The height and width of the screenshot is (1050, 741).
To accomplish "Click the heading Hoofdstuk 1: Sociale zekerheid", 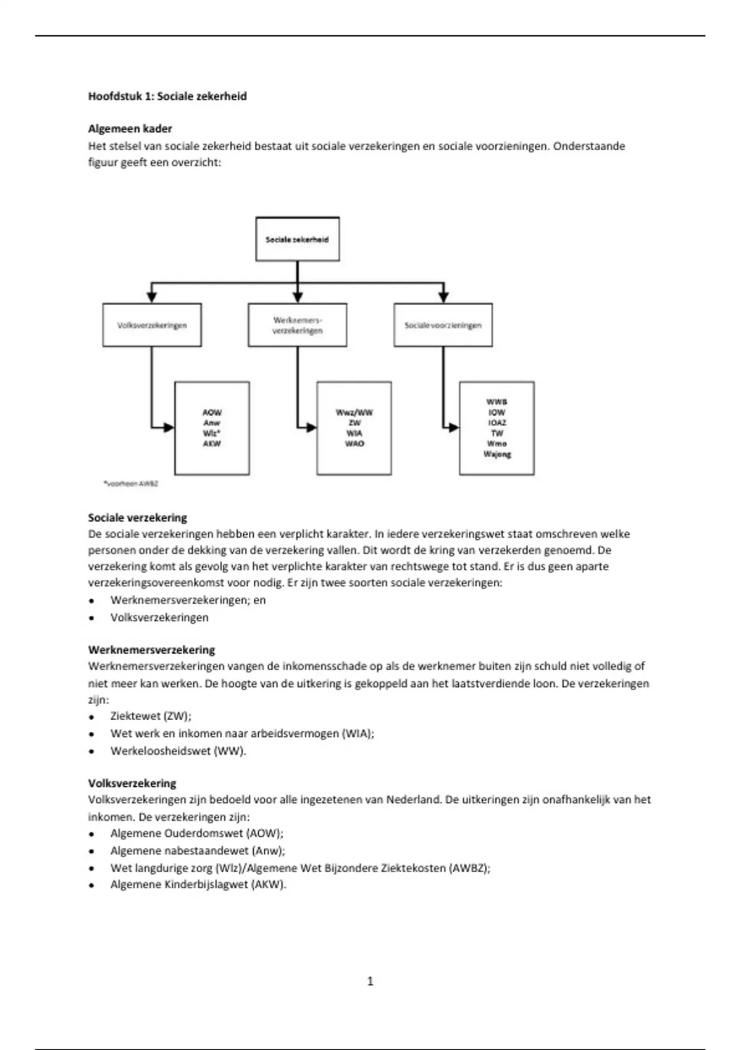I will [167, 96].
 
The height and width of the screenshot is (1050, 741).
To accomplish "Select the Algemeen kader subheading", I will [130, 128].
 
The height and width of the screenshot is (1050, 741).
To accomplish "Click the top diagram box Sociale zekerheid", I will [297, 239].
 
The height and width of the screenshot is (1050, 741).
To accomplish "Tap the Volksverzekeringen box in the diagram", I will [152, 325].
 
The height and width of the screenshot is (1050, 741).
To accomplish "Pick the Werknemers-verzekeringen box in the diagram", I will [297, 325].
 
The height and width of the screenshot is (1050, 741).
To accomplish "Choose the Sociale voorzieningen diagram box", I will [443, 325].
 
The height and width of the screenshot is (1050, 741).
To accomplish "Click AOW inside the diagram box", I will [212, 412].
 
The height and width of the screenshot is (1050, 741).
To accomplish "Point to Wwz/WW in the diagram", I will [354, 412].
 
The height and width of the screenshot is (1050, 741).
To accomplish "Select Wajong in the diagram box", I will [497, 454].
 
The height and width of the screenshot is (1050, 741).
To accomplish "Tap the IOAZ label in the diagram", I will [497, 422].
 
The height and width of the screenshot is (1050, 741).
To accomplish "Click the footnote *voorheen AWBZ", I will [130, 484].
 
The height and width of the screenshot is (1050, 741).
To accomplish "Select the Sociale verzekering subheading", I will [137, 518].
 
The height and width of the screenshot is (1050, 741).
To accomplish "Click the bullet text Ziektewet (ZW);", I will [151, 716].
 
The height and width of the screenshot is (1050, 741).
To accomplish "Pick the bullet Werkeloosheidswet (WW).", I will [178, 751].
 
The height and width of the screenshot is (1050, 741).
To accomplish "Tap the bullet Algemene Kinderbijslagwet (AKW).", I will [198, 884].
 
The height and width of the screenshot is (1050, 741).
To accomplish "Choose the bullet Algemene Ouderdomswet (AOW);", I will [197, 833].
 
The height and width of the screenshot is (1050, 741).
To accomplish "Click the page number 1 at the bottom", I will [370, 981].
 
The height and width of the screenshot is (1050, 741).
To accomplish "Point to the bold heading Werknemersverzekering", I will [151, 650].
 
